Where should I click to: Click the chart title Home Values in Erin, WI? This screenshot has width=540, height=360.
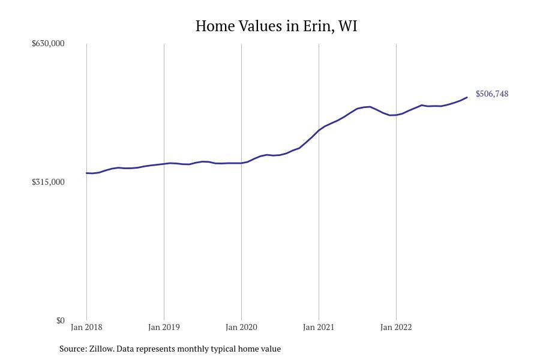(276, 26)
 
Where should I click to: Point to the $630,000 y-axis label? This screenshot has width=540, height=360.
(48, 43)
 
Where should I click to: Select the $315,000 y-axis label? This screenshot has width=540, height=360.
(48, 182)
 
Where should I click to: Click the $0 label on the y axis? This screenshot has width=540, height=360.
(60, 320)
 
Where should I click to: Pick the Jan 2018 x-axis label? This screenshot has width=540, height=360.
(86, 328)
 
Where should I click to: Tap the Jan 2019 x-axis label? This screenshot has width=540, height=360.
(164, 328)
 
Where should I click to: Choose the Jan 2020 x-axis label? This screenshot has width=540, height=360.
(241, 328)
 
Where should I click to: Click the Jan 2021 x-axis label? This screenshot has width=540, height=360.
(319, 328)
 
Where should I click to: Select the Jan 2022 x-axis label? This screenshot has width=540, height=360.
(396, 328)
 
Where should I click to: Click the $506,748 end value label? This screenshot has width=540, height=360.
(492, 94)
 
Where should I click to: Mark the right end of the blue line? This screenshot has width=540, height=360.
(467, 97)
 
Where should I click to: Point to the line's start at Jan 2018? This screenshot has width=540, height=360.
(87, 173)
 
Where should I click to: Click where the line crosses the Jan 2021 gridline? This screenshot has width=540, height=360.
(319, 130)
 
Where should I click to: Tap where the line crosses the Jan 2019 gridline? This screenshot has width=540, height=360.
(164, 164)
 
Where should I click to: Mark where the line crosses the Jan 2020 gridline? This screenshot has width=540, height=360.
(241, 163)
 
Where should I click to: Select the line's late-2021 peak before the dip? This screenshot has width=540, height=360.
(369, 107)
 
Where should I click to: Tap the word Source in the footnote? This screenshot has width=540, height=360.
(73, 349)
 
